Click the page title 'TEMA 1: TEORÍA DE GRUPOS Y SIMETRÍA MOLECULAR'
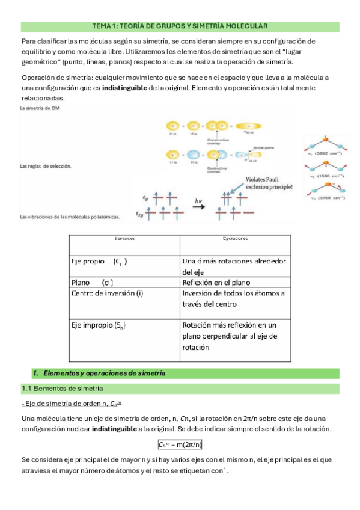[x=180, y=26]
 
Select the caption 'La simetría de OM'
[x=40, y=109]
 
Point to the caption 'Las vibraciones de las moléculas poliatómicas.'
[x=70, y=216]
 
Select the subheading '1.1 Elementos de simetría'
[x=63, y=388]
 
